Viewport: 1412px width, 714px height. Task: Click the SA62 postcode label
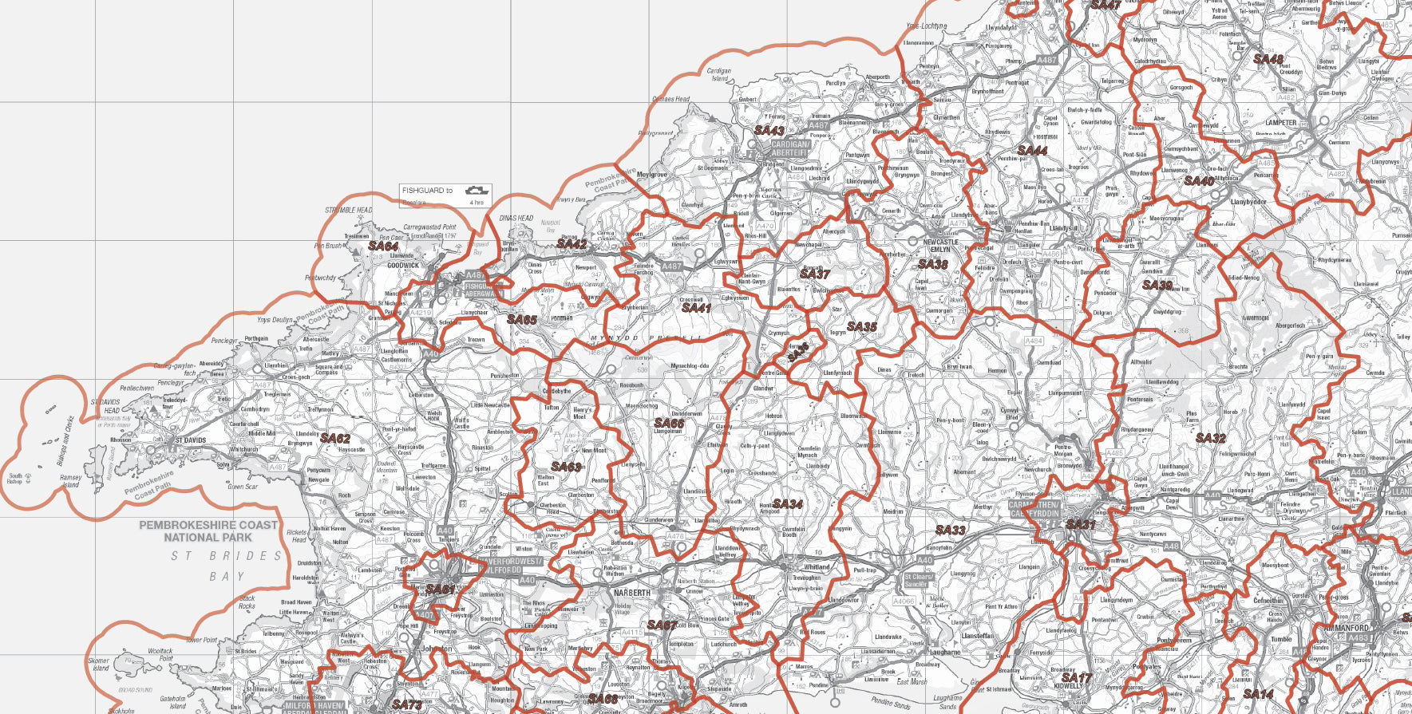pyautogui.click(x=335, y=439)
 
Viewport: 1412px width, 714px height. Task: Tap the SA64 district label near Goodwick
pyautogui.click(x=383, y=247)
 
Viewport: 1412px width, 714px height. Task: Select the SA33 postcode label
pyautogui.click(x=950, y=531)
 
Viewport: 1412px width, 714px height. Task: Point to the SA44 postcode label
pyautogui.click(x=1032, y=151)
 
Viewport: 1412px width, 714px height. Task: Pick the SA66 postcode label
pyautogui.click(x=669, y=424)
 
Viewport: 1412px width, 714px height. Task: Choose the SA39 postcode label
pyautogui.click(x=1157, y=285)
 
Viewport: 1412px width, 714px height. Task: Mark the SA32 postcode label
pyautogui.click(x=1210, y=439)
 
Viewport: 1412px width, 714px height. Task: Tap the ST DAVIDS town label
pyautogui.click(x=191, y=440)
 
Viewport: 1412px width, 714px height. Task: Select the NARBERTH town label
pyautogui.click(x=631, y=594)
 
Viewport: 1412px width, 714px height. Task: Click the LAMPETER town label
pyautogui.click(x=1281, y=123)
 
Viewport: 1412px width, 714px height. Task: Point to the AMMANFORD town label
pyautogui.click(x=1346, y=628)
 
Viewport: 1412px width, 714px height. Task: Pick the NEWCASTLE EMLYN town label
pyautogui.click(x=940, y=246)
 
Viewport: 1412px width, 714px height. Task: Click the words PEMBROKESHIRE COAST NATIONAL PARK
pyautogui.click(x=209, y=531)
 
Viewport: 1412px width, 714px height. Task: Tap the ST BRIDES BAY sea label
pyautogui.click(x=227, y=566)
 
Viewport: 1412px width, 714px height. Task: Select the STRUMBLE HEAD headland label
pyautogui.click(x=348, y=211)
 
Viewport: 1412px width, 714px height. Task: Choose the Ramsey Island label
pyautogui.click(x=71, y=481)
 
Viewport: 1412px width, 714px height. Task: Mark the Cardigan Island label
pyautogui.click(x=719, y=75)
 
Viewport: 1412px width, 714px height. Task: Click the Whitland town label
pyautogui.click(x=817, y=567)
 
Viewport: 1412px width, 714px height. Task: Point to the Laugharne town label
pyautogui.click(x=945, y=652)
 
